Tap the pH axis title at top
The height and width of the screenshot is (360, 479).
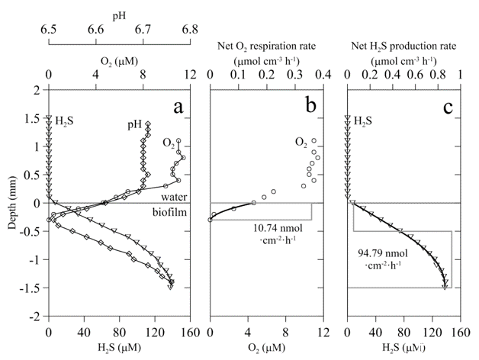(x=119, y=13)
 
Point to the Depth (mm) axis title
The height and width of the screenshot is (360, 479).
(x=11, y=203)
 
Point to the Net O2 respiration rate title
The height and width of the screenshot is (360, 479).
(x=267, y=39)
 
